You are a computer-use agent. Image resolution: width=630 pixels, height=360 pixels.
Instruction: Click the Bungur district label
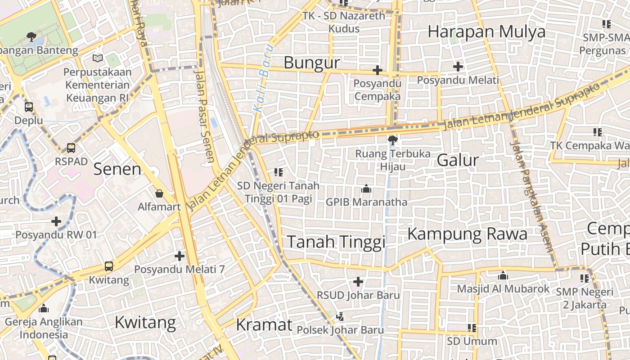[311, 63]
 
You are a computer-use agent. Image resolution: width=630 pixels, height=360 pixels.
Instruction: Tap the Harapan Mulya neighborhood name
[486, 32]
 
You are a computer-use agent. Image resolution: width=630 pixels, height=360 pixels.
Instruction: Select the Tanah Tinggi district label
[336, 242]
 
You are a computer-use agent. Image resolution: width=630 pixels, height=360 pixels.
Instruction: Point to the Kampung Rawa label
[467, 234]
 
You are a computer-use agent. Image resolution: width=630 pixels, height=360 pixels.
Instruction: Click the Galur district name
[458, 160]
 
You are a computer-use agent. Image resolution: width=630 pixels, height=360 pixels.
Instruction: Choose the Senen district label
[117, 169]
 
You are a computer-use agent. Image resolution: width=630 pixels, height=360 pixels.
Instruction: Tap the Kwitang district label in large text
[145, 323]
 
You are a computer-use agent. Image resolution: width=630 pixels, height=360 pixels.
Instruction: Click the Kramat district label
[264, 324]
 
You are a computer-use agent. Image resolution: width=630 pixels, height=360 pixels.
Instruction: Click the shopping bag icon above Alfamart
[159, 194]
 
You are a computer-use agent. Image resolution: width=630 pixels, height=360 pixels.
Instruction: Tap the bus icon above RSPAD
[71, 148]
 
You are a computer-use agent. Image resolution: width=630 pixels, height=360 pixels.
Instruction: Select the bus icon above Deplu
[29, 107]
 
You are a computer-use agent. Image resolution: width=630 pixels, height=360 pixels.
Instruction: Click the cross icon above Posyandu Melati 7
[180, 256]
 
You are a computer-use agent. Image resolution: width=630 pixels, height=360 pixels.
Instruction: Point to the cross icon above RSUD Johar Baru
[358, 282]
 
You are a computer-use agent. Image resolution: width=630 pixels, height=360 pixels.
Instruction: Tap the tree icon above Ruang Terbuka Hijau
[392, 140]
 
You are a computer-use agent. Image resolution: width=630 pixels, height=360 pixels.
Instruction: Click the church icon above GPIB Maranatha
[366, 189]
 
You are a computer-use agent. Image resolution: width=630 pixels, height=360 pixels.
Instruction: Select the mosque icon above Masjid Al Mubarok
[503, 275]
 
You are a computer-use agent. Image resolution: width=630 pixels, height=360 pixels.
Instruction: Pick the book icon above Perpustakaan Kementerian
[98, 58]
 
